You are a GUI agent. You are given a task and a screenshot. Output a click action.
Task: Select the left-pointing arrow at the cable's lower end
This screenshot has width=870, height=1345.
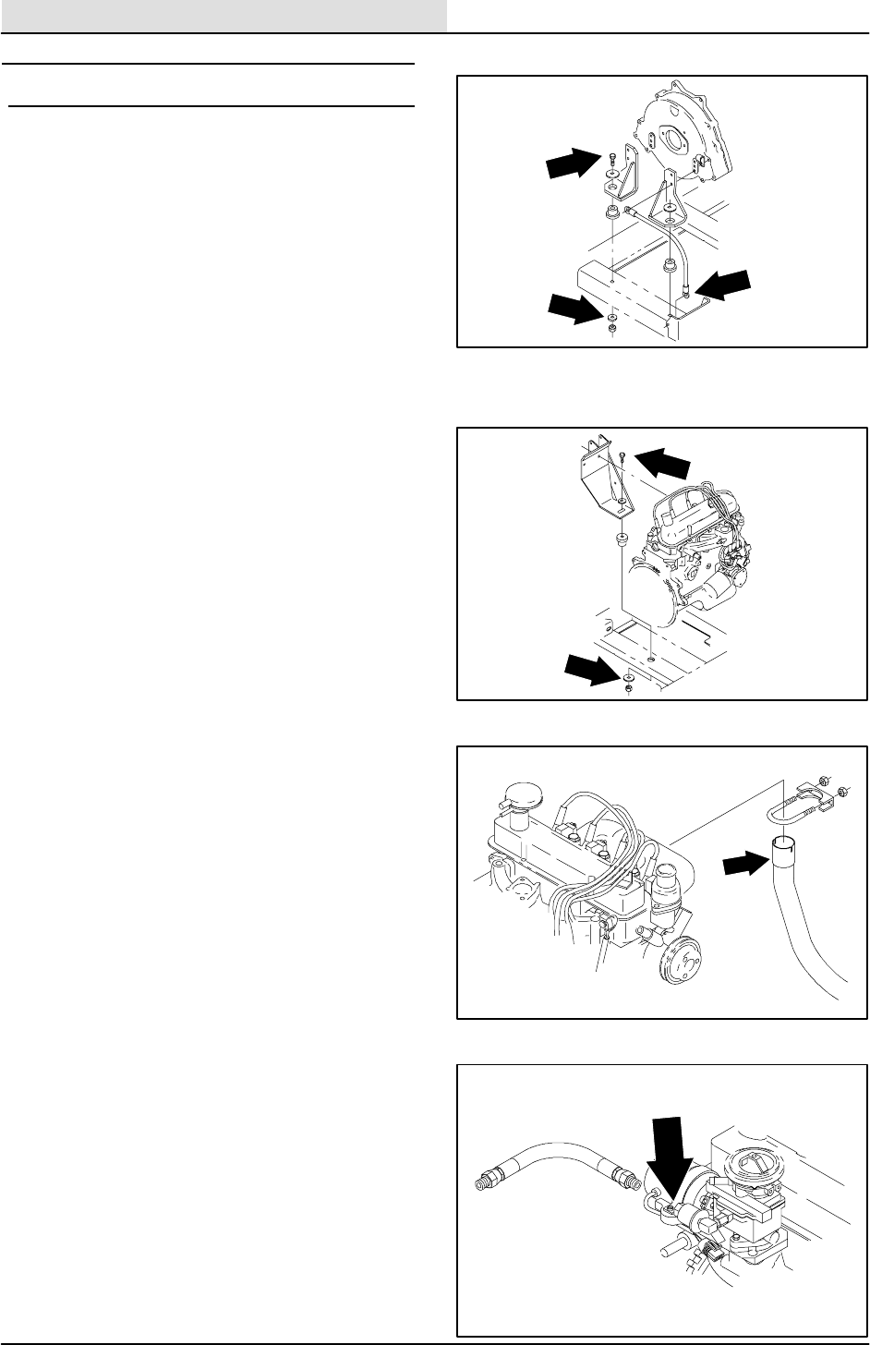(725, 284)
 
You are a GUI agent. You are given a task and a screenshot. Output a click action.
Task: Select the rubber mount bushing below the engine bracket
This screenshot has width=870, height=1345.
(621, 539)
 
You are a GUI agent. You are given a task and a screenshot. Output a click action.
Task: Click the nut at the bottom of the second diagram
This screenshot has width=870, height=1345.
(628, 688)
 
